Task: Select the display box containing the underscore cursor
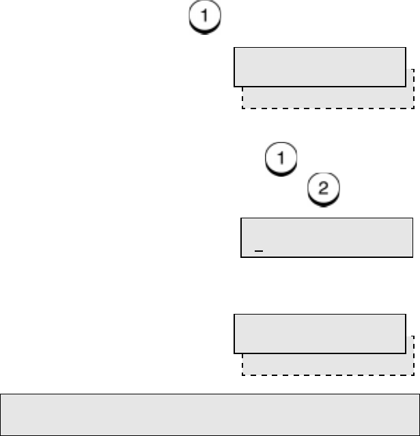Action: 327,237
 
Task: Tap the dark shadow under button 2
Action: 326,199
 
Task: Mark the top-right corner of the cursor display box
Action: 413,218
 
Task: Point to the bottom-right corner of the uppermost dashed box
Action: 414,108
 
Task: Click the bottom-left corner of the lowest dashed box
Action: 242,375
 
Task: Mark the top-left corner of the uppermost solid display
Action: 234,47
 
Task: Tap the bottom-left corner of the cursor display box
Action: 241,257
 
